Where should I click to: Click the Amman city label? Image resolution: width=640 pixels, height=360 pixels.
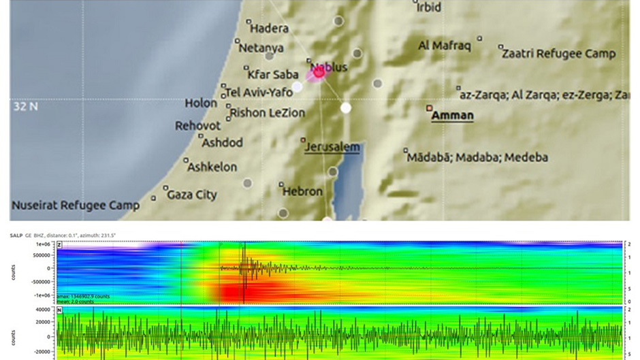click(453, 116)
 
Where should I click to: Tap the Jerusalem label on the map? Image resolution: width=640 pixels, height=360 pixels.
click(332, 147)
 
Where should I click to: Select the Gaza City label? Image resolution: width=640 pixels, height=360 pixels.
click(192, 195)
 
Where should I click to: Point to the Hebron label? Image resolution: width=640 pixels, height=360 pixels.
click(302, 192)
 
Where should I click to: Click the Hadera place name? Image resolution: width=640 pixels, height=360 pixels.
click(270, 29)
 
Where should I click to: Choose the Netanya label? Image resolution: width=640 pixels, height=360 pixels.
click(262, 48)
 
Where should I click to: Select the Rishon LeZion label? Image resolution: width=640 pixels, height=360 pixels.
click(268, 112)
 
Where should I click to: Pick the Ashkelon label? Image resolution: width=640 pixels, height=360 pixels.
click(212, 167)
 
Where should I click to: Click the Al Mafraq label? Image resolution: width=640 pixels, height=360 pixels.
click(444, 46)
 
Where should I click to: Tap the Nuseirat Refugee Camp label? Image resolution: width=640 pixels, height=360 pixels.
click(75, 205)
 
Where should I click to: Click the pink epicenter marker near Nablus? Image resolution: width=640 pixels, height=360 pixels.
click(318, 72)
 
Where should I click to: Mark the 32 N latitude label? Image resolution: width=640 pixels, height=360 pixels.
click(24, 107)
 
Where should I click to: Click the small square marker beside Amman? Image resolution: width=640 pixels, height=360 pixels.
click(429, 108)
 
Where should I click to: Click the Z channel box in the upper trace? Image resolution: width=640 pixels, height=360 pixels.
click(61, 243)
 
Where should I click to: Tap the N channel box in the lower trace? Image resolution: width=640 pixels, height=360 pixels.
click(61, 310)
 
